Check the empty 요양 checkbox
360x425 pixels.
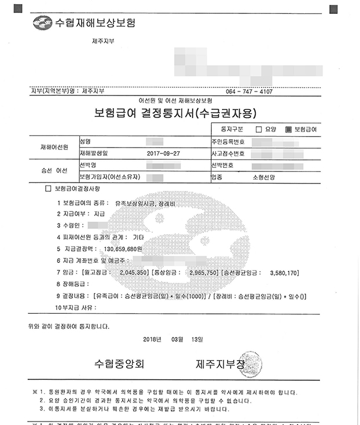(x=259, y=129)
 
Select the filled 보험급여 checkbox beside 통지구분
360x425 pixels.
(x=289, y=129)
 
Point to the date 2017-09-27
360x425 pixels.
(x=164, y=153)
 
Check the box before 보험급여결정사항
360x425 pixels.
(x=48, y=189)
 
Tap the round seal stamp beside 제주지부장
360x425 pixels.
(x=252, y=363)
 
